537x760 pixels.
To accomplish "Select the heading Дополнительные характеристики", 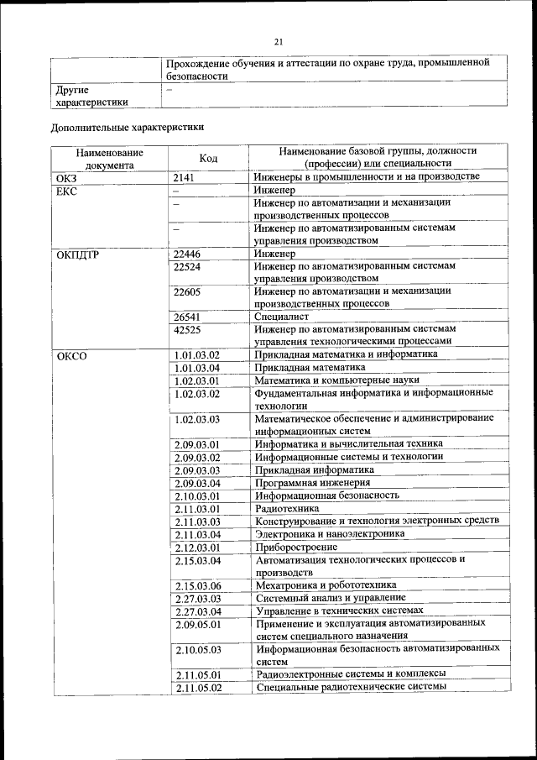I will tap(127, 128).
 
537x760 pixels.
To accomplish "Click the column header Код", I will tap(208, 158).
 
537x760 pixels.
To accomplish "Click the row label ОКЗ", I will tap(66, 177).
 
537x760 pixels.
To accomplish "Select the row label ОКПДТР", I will tap(77, 254).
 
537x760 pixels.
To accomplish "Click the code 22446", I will tap(189, 254).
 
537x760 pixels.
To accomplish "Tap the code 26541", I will tap(189, 317).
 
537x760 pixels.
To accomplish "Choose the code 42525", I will tap(189, 331).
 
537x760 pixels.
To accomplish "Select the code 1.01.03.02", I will tap(196, 354).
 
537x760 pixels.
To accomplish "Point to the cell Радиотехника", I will tap(287, 509).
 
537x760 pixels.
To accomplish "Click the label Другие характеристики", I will tap(91, 95).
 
